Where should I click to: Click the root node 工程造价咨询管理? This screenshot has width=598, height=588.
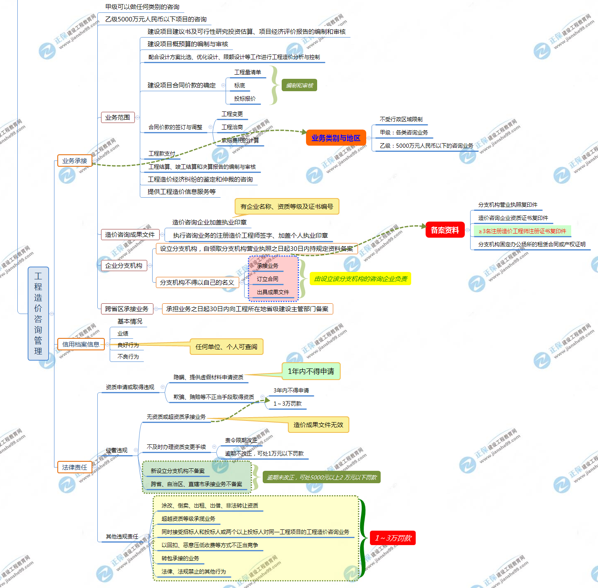(x=38, y=313)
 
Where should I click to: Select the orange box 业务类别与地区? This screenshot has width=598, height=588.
(x=336, y=138)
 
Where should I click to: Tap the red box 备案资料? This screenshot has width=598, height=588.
(x=445, y=230)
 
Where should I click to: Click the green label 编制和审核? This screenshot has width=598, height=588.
(x=299, y=85)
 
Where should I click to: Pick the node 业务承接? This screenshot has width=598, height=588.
(x=74, y=161)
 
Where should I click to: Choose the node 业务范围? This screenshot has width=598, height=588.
(x=118, y=118)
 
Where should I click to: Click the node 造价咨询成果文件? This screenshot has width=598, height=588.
(x=129, y=235)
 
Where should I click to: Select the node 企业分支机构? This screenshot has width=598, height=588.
(x=123, y=266)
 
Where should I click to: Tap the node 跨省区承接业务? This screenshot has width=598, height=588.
(x=127, y=309)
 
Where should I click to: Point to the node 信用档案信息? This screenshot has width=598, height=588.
(x=80, y=344)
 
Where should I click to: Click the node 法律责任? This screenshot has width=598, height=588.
(x=74, y=467)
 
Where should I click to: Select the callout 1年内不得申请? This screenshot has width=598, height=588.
(x=311, y=371)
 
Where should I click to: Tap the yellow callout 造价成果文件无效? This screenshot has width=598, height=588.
(x=318, y=425)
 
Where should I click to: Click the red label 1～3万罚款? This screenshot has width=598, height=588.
(x=393, y=538)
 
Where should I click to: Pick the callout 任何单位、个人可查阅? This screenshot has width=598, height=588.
(x=226, y=347)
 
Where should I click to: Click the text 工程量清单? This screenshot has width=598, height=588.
(x=247, y=72)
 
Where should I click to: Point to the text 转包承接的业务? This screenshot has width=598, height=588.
(x=180, y=558)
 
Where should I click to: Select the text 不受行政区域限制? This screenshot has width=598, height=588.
(x=401, y=119)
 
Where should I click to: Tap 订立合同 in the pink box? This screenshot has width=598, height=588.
(x=267, y=279)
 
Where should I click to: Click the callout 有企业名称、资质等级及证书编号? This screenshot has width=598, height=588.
(x=287, y=206)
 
